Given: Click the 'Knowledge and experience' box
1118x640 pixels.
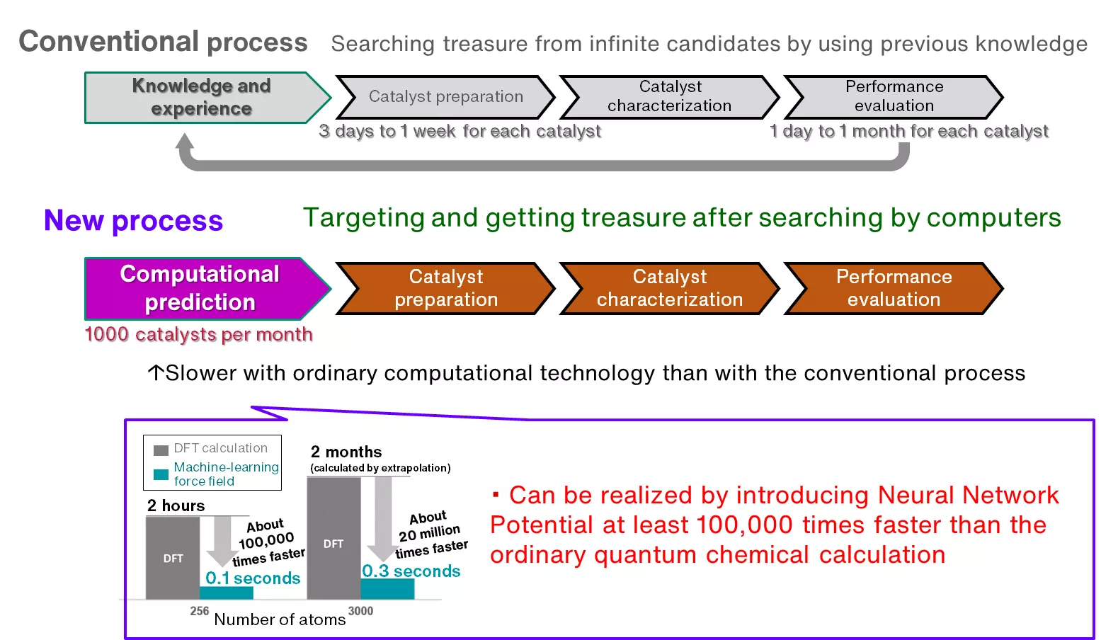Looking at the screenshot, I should pos(201,98).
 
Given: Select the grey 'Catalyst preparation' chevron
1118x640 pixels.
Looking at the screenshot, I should pos(445,97).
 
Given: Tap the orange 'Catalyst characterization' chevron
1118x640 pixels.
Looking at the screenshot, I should pos(669,288).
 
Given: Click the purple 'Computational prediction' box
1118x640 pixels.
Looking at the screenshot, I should pos(200,288).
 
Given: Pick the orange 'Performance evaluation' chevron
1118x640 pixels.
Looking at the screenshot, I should pos(894,288).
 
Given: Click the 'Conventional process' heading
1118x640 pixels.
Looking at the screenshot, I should pos(163,42).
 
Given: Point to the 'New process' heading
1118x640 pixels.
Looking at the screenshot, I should pos(133,221).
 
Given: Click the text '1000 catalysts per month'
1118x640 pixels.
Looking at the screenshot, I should pos(198,334).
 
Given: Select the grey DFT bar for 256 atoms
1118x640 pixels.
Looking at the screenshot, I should pos(172,558).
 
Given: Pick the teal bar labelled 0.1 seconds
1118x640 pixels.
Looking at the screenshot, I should pos(227,593).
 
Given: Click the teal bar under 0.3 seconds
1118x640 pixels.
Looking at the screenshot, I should pos(387,589).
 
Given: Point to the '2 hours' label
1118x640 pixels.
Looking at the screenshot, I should pos(176,505).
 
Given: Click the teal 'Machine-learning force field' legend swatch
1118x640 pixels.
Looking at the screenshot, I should pos(161,474).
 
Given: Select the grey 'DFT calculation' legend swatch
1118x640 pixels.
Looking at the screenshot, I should pos(161,450).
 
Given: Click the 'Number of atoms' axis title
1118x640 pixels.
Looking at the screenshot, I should pos(280,619).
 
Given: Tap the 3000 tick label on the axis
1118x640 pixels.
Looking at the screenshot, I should pos(360,611).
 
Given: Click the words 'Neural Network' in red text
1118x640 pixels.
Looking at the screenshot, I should pos(968,495).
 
